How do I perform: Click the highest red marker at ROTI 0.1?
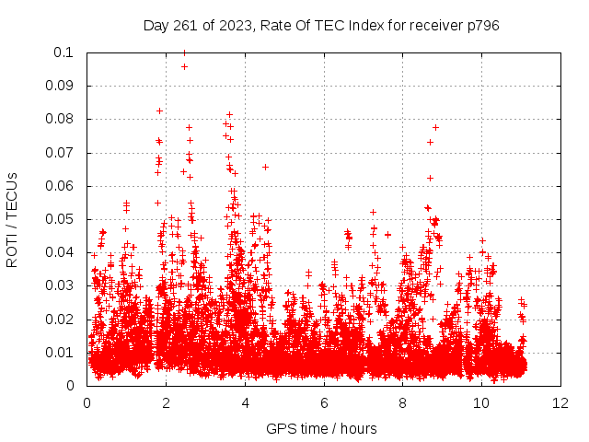tap(184, 52)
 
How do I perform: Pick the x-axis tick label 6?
tap(324, 402)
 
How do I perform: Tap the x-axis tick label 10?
tap(482, 402)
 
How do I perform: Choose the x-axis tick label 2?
tap(166, 402)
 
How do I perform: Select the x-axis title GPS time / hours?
tap(321, 428)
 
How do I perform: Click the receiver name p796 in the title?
tap(481, 25)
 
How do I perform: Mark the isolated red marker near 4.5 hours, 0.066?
tap(265, 167)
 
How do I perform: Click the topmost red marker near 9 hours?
tap(435, 127)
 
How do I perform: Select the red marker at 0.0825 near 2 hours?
tap(159, 110)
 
